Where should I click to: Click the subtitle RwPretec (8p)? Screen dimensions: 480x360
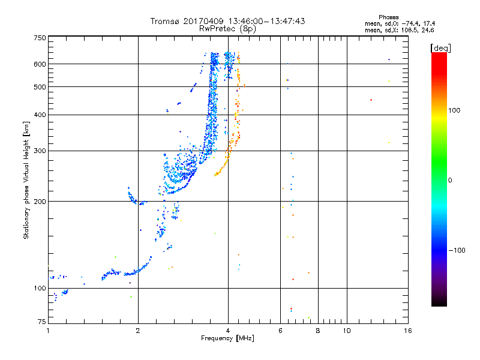[x=227, y=29]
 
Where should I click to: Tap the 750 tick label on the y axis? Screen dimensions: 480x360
[x=40, y=38]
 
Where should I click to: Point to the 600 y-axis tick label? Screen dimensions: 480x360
[x=40, y=64]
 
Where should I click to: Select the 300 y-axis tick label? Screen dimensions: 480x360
[x=40, y=151]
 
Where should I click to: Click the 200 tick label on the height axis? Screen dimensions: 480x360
[x=40, y=202]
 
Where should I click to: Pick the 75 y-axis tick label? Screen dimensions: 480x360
[x=42, y=322]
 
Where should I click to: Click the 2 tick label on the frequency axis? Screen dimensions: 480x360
[x=138, y=331]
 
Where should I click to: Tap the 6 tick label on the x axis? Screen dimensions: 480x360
[x=280, y=331]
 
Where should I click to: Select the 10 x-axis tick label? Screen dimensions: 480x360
[x=347, y=331]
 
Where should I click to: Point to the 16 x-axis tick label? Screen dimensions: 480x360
[x=408, y=331]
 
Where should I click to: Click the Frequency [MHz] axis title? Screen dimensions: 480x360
[x=227, y=338]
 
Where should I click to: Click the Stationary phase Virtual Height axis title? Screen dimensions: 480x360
[x=26, y=180]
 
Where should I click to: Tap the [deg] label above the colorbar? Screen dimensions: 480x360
[x=440, y=48]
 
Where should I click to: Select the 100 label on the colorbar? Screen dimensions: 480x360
[x=454, y=110]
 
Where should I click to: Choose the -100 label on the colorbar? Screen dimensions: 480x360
[x=457, y=250]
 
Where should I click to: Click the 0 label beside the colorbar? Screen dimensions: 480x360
[x=450, y=180]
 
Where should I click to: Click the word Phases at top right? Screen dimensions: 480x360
[x=388, y=17]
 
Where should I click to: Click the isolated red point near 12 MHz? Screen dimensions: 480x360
[x=371, y=100]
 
